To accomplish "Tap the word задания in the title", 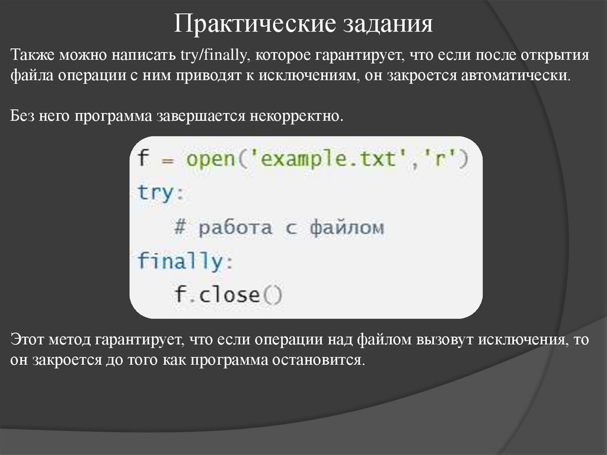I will pyautogui.click(x=386, y=26).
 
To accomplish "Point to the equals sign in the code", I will pyautogui.click(x=168, y=160).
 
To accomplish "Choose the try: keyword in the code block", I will pyautogui.click(x=156, y=193).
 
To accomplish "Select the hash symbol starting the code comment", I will pyautogui.click(x=181, y=227).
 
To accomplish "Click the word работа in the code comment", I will pyautogui.click(x=235, y=228).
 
